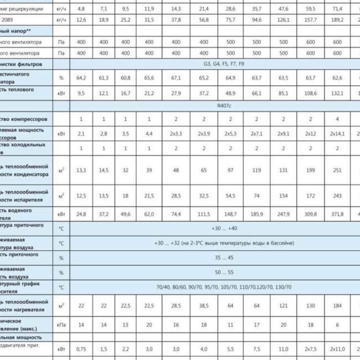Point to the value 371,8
(x=337, y=213)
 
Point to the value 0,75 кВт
(x=81, y=349)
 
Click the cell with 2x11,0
(x=337, y=349)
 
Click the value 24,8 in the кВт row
(x=81, y=213)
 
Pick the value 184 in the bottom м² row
(x=337, y=306)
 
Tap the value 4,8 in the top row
(x=81, y=9)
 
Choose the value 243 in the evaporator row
(x=337, y=196)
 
